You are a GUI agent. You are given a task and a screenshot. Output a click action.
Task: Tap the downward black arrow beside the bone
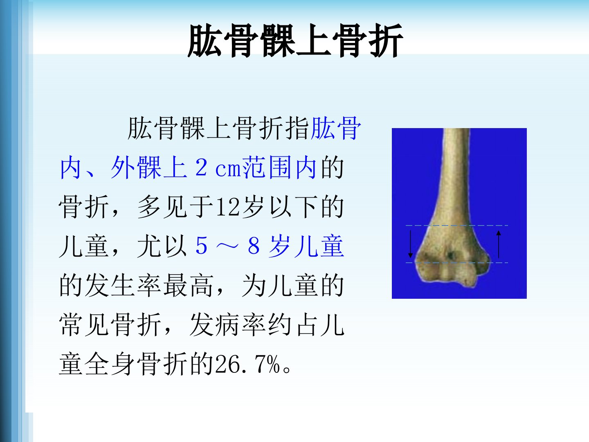pyautogui.click(x=410, y=244)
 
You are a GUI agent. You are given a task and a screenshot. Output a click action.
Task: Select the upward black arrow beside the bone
pyautogui.click(x=499, y=244)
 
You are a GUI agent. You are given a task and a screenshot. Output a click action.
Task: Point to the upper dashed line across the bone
pyautogui.click(x=457, y=226)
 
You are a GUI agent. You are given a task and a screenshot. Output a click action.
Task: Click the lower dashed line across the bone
pyautogui.click(x=457, y=263)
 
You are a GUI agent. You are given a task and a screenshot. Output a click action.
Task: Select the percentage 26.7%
pyautogui.click(x=248, y=364)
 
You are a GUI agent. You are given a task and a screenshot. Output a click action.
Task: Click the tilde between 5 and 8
pyautogui.click(x=227, y=246)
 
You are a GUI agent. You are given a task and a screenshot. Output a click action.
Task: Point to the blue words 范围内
pyautogui.click(x=280, y=167)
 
